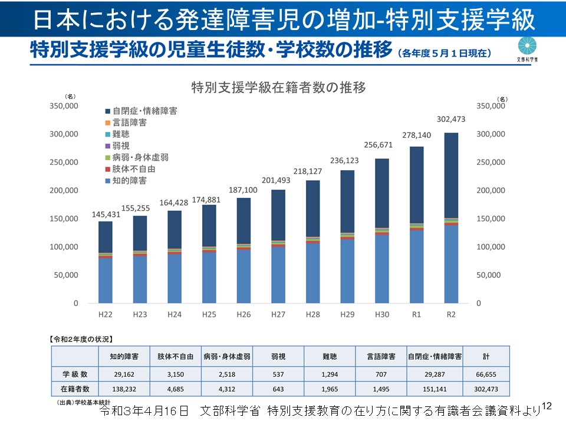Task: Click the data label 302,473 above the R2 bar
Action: click(x=451, y=119)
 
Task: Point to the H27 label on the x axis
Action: click(x=278, y=315)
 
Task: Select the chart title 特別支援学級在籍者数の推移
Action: click(x=279, y=88)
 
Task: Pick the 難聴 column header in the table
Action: click(x=330, y=356)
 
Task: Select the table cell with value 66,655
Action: click(x=485, y=373)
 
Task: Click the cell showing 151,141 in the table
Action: click(x=434, y=389)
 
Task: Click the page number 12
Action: click(x=545, y=406)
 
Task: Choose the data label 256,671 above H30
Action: click(x=382, y=145)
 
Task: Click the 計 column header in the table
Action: click(x=485, y=356)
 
